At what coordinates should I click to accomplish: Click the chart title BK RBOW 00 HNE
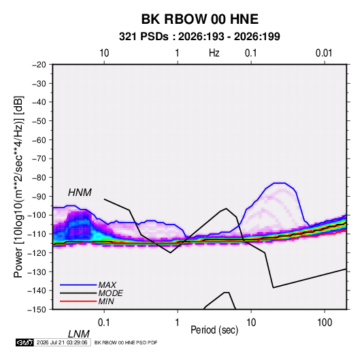click(199, 19)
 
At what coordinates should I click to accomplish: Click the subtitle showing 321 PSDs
click(199, 37)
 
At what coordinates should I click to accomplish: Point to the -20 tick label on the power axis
click(39, 65)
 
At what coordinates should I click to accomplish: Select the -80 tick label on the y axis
click(39, 178)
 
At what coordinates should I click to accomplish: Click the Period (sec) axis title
click(214, 330)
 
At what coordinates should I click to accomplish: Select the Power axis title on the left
click(18, 186)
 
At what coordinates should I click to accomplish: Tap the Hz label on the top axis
click(214, 53)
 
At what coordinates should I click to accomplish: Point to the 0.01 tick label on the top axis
click(324, 53)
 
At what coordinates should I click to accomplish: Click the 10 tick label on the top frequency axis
click(104, 53)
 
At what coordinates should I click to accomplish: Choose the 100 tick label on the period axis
click(325, 323)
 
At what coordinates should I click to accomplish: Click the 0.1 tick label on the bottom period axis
click(104, 323)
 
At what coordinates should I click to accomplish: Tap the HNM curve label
click(80, 193)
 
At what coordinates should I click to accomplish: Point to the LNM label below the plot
click(79, 334)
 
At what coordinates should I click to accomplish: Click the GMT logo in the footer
click(24, 342)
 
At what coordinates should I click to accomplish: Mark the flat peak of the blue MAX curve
click(279, 183)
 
